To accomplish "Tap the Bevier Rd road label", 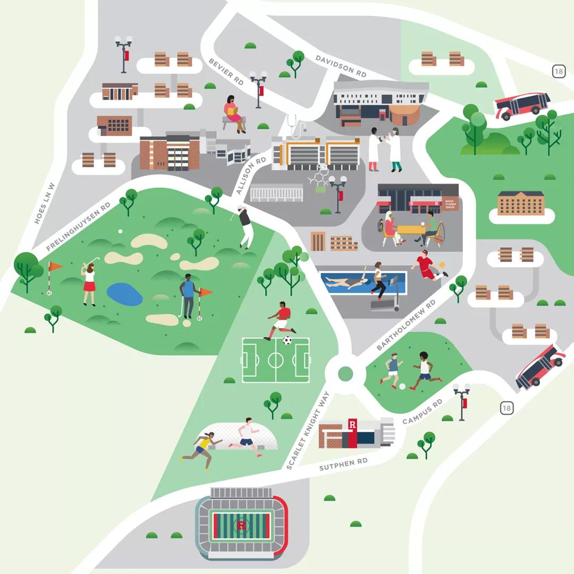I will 226,71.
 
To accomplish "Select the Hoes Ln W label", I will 45,203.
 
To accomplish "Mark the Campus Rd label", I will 423,412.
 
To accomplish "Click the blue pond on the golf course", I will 124,294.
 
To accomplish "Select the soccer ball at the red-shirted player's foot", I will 288,340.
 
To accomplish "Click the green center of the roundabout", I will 345,374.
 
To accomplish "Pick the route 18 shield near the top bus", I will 558,72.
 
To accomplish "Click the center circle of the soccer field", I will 276,360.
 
